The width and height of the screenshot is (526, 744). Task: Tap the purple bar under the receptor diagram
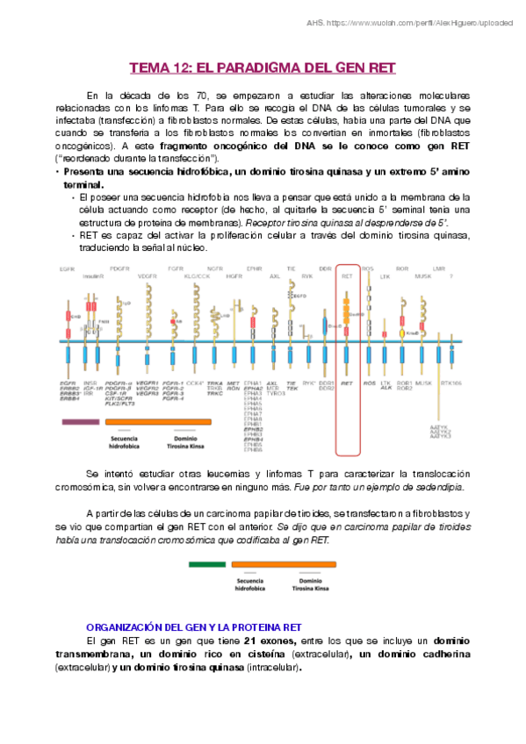pos(80,422)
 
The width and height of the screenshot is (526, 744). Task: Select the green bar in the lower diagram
pos(206,563)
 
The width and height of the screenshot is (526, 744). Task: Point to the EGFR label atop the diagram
pos(67,268)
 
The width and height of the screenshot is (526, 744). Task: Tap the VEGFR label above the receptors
pos(148,276)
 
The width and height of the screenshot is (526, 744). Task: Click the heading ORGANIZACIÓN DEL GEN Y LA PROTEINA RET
pos(192,628)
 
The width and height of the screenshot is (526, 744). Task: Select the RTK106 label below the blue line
pos(451,383)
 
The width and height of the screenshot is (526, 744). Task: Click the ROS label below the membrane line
pos(369,383)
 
